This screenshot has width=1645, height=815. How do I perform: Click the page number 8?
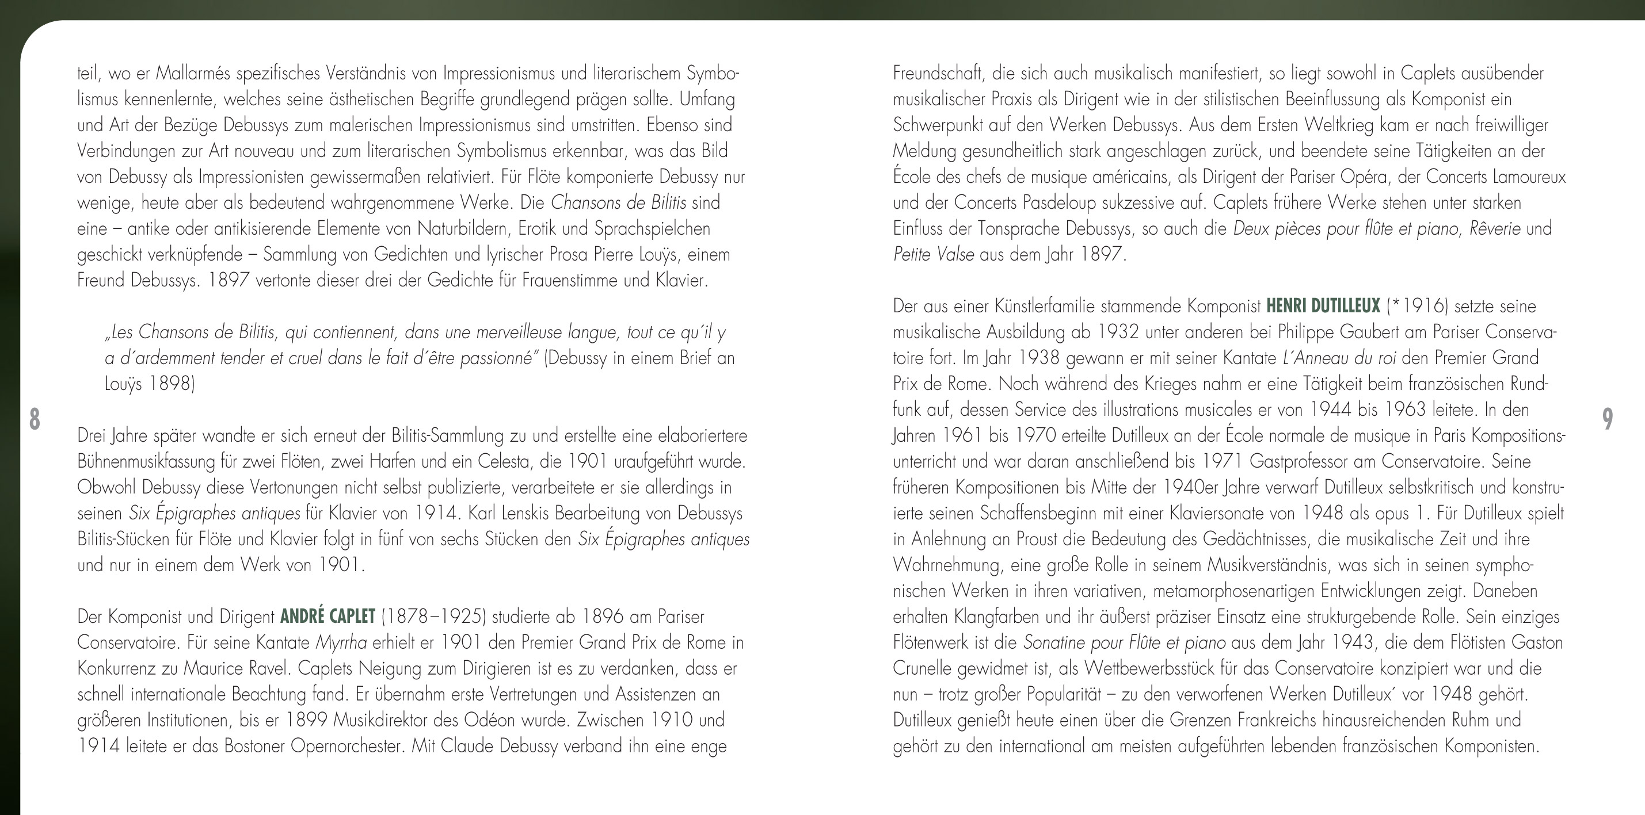pos(35,419)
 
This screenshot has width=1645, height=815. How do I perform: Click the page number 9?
pos(1608,419)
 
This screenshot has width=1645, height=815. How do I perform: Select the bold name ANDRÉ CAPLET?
pos(328,617)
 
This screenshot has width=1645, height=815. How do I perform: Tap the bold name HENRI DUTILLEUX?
pos(1323,307)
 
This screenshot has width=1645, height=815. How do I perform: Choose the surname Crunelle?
pos(922,669)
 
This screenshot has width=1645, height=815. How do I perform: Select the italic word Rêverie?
pos(1494,228)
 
